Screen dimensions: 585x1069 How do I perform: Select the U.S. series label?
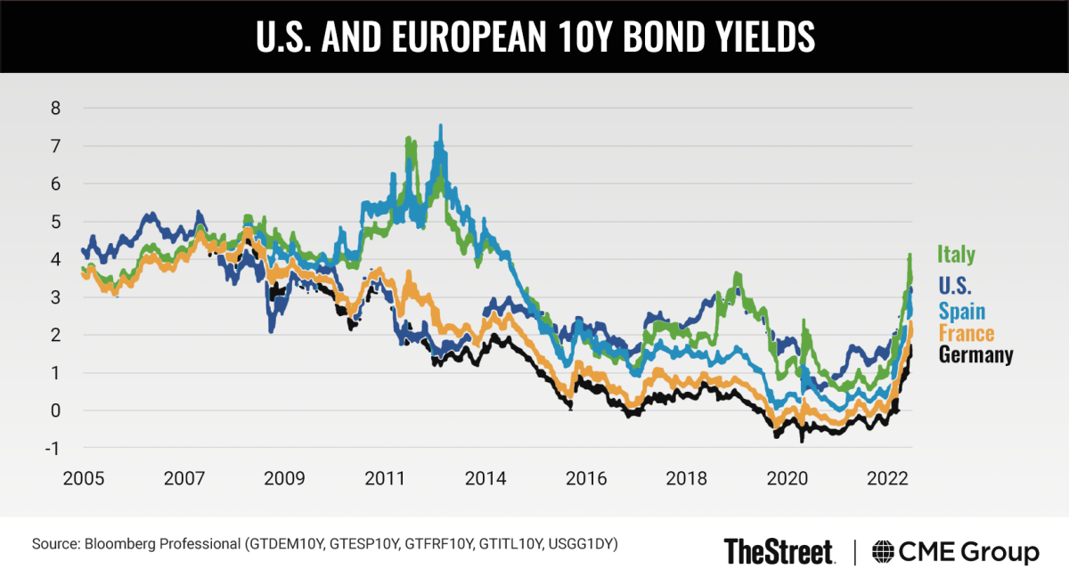pos(958,286)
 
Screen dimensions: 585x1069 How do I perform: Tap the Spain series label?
pos(962,310)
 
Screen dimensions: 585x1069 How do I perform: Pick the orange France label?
pos(967,333)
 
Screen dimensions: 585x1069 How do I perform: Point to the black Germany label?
pos(976,355)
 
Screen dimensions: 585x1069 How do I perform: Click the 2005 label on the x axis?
pos(84,479)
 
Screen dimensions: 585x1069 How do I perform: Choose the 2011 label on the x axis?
pos(384,479)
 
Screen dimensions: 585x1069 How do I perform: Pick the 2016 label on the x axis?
pos(587,479)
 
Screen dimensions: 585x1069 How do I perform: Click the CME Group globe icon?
pos(884,551)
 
